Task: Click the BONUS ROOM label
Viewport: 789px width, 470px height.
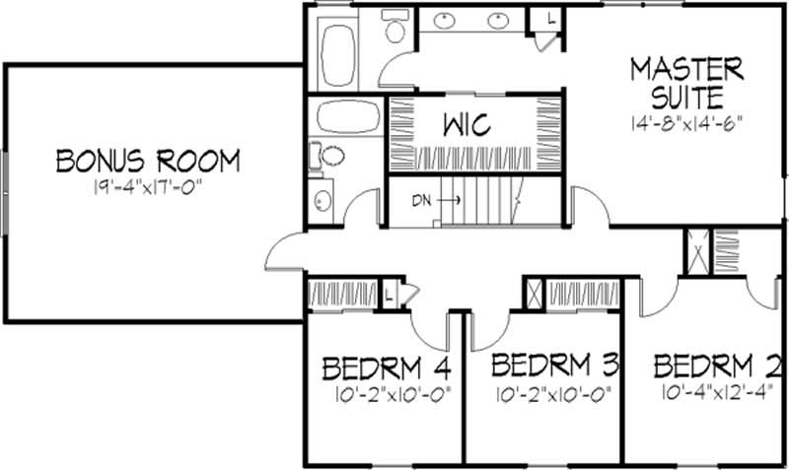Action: click(147, 160)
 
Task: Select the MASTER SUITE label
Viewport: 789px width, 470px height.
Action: click(686, 83)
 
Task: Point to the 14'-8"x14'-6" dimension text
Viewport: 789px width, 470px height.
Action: click(686, 124)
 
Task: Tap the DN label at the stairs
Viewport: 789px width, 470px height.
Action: click(422, 200)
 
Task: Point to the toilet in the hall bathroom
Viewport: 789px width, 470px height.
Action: click(329, 156)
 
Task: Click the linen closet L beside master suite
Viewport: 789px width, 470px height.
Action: click(549, 20)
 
